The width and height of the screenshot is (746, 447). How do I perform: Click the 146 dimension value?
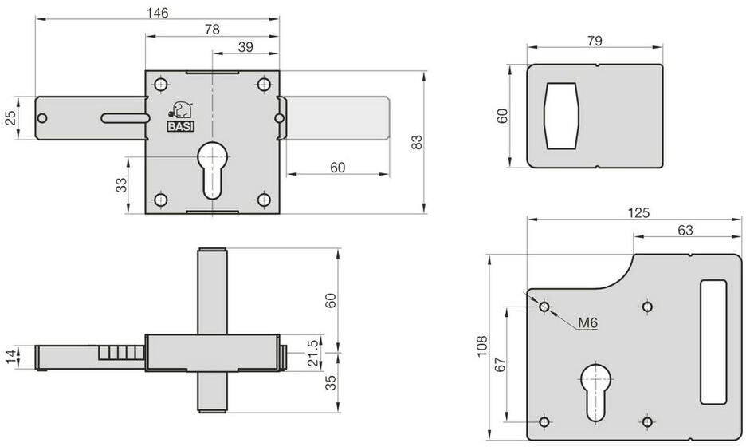pos(157,13)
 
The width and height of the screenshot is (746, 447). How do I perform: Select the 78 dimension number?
pos(212,29)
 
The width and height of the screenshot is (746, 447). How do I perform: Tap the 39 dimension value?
pos(245,47)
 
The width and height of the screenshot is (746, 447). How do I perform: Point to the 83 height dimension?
pos(416,142)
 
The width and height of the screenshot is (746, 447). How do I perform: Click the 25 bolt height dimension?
pos(10,117)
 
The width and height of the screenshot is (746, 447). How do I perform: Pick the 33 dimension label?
pos(122,185)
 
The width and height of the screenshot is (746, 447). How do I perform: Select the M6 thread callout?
pos(587,322)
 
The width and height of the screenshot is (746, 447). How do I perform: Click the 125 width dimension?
pos(638,212)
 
